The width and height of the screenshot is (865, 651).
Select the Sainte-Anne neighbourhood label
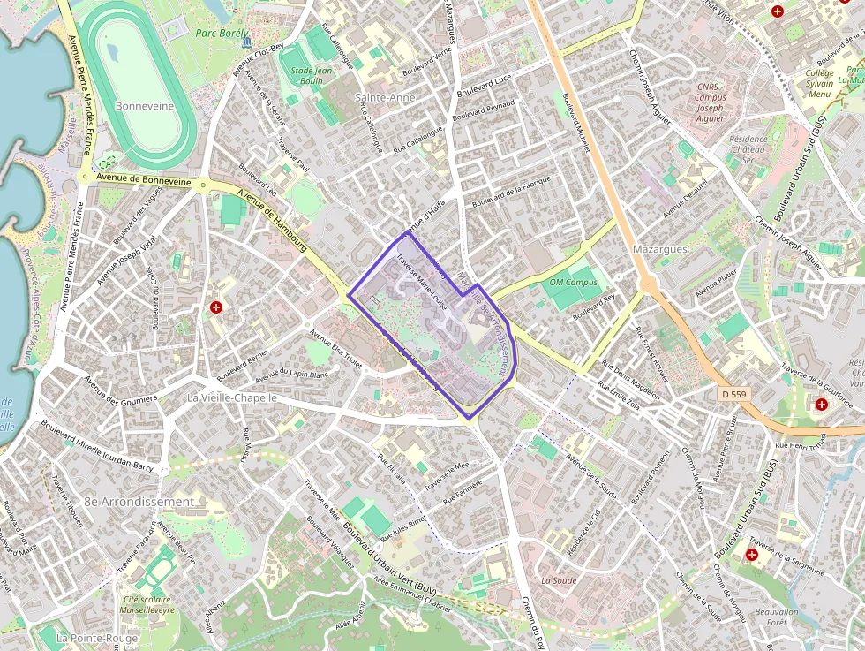[384, 97]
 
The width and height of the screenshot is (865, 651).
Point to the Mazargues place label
[659, 249]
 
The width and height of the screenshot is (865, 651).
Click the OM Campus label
[573, 283]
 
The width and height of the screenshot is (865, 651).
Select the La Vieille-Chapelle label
[232, 397]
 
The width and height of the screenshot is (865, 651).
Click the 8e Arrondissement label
[139, 501]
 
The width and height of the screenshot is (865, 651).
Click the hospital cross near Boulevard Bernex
[215, 307]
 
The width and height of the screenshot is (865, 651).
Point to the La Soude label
[559, 580]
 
